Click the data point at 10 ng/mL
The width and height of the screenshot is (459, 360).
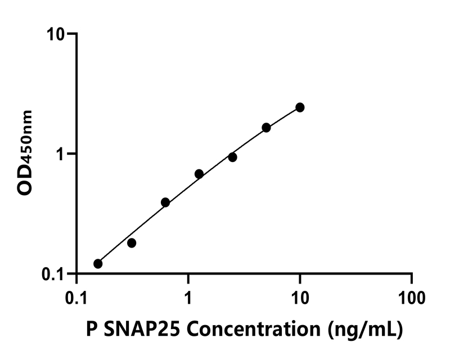pyautogui.click(x=300, y=107)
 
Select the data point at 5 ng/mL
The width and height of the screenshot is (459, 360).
pyautogui.click(x=266, y=128)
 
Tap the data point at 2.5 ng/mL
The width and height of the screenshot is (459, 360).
pyautogui.click(x=232, y=157)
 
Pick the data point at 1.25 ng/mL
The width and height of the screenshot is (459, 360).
pyautogui.click(x=199, y=174)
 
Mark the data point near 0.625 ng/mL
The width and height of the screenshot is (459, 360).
pyautogui.click(x=165, y=202)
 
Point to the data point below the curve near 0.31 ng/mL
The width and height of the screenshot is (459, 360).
pyautogui.click(x=132, y=243)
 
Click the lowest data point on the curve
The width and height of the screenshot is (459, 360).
pyautogui.click(x=98, y=264)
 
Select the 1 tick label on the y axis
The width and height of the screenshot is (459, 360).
pyautogui.click(x=61, y=154)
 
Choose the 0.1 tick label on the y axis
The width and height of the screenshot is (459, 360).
pyautogui.click(x=54, y=274)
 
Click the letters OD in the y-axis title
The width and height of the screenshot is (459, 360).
pyautogui.click(x=25, y=180)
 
